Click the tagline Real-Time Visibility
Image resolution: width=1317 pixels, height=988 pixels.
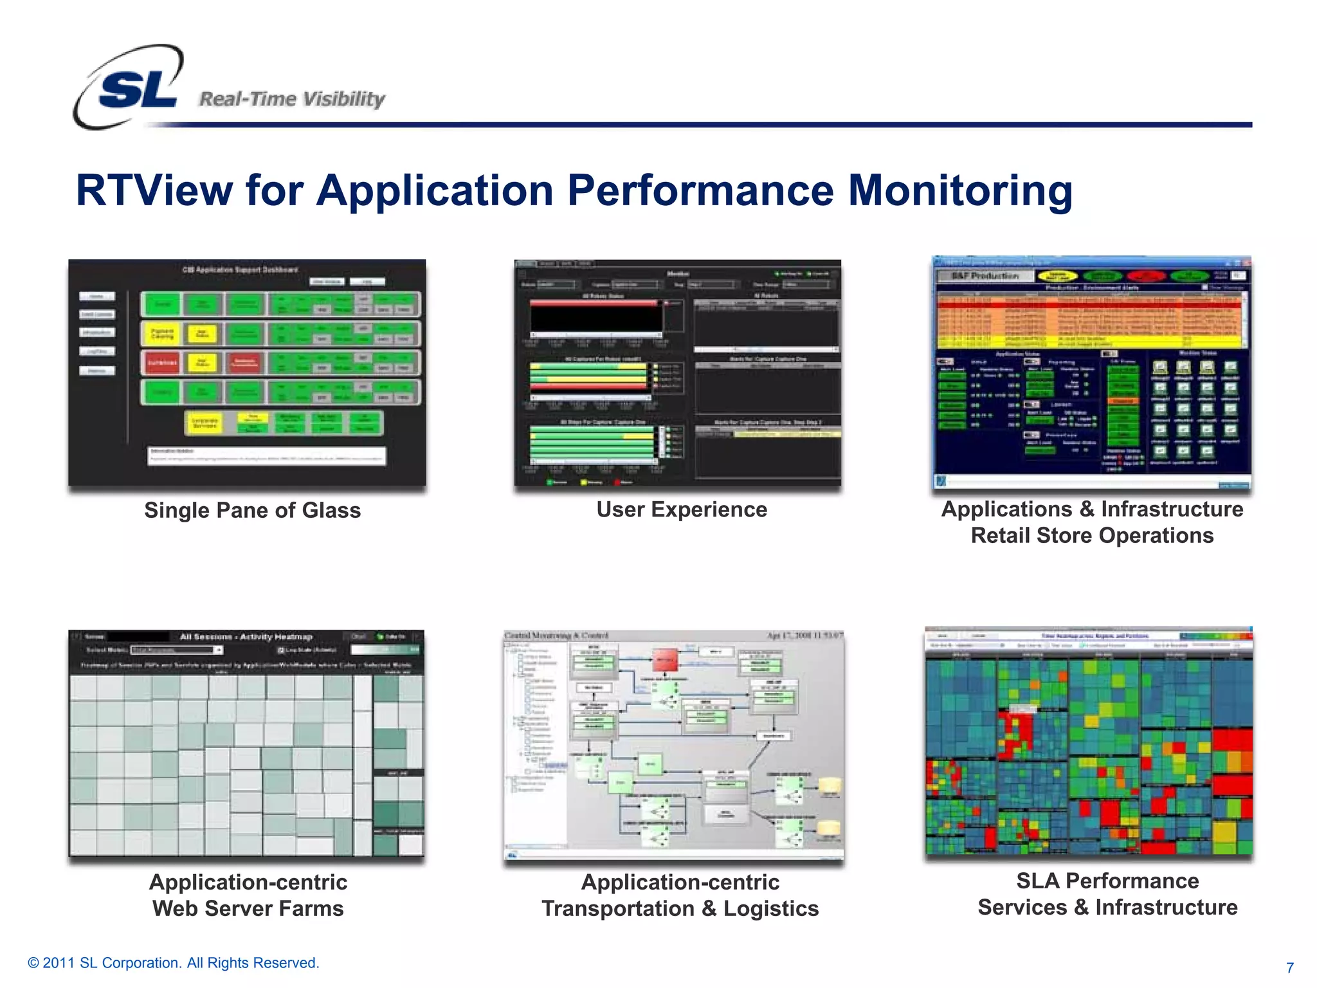tap(292, 99)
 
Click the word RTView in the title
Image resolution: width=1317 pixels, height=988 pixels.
tap(154, 190)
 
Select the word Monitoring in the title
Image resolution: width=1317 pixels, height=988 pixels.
tap(960, 190)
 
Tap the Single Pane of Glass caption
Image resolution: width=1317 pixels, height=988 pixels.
tap(252, 510)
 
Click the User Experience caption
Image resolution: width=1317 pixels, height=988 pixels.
tap(682, 509)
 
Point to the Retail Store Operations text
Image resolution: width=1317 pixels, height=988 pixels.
tap(1092, 535)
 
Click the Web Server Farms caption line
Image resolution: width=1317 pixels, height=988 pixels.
tap(248, 908)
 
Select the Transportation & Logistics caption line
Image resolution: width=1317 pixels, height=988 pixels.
tap(680, 908)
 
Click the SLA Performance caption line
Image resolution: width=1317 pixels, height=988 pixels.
tap(1107, 881)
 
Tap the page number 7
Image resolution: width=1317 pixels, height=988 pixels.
tap(1289, 967)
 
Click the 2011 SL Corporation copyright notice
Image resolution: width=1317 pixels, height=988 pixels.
tap(174, 963)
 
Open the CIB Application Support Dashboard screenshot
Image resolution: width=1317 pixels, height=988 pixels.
tap(247, 373)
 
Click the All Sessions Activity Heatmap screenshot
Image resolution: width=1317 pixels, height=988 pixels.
tap(247, 744)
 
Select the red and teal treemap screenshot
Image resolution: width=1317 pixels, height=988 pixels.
tap(1089, 743)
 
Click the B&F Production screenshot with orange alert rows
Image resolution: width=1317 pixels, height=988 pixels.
tap(1091, 373)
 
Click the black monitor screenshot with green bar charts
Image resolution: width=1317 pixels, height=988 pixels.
tap(677, 373)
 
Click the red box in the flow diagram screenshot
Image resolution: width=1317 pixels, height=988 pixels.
tap(666, 659)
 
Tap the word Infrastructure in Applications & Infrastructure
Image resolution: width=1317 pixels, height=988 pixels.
tap(1172, 509)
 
